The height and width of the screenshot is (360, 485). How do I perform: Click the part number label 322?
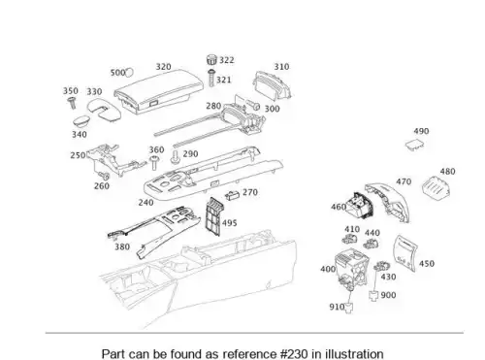pyautogui.click(x=227, y=60)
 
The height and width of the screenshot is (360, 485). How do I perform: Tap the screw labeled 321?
pyautogui.click(x=211, y=78)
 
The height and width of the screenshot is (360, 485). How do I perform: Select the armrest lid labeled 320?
pyautogui.click(x=158, y=91)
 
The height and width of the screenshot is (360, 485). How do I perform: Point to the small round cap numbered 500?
pyautogui.click(x=129, y=73)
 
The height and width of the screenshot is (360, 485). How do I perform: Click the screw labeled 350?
pyautogui.click(x=72, y=103)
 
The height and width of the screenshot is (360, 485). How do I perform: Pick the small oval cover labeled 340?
pyautogui.click(x=81, y=121)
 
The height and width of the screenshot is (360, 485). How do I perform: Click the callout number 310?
pyautogui.click(x=281, y=67)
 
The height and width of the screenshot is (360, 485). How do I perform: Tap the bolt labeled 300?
pyautogui.click(x=253, y=105)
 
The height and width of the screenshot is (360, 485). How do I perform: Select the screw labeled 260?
pyautogui.click(x=104, y=176)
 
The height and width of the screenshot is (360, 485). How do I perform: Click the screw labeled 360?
pyautogui.click(x=154, y=162)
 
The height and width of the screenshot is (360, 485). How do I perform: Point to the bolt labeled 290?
pyautogui.click(x=175, y=157)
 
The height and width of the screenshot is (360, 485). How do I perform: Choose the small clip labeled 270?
pyautogui.click(x=232, y=195)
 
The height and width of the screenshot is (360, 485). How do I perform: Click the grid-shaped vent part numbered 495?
pyautogui.click(x=214, y=216)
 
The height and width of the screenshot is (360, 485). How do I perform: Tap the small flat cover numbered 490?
pyautogui.click(x=414, y=145)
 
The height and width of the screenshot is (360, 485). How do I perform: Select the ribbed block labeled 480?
pyautogui.click(x=436, y=190)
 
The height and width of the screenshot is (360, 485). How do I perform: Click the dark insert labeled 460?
pyautogui.click(x=359, y=207)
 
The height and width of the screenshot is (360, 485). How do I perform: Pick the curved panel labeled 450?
pyautogui.click(x=404, y=253)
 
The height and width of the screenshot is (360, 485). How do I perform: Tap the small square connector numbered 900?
pyautogui.click(x=373, y=296)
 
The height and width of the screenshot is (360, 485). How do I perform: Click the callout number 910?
pyautogui.click(x=337, y=307)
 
